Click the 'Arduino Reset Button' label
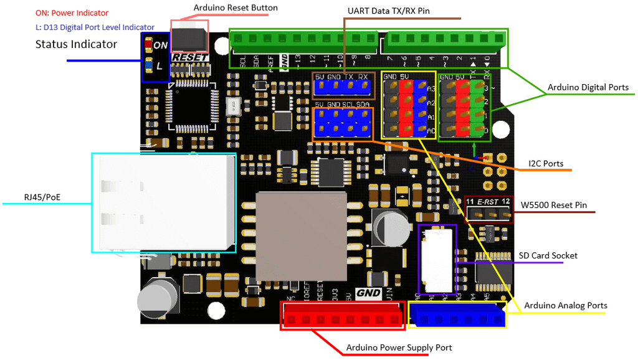point(236,7)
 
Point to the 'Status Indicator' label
point(76,44)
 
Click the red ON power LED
point(148,45)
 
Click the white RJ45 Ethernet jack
point(164,202)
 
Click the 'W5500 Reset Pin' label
point(553,205)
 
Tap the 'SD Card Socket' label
point(548,255)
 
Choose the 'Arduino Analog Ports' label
point(565,305)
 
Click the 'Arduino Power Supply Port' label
point(399,347)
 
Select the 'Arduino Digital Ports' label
point(588,87)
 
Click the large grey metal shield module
point(301,236)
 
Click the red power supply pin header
point(342,320)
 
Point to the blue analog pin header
point(458,319)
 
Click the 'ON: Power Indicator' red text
point(72,13)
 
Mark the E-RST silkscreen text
point(489,202)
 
